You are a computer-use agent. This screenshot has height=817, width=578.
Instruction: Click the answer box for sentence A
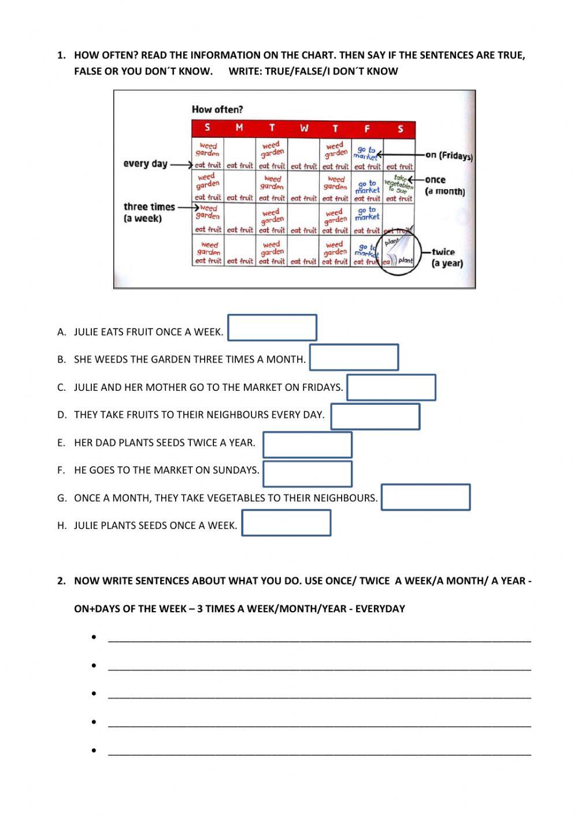(272, 327)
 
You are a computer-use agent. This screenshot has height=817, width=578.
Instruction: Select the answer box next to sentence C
(391, 387)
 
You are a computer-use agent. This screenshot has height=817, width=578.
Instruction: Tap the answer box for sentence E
(307, 445)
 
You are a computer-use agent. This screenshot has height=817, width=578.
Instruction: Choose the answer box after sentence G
(426, 497)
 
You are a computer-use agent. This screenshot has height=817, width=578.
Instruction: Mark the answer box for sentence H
(286, 523)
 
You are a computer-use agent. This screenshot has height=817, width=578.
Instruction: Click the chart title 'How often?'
(217, 109)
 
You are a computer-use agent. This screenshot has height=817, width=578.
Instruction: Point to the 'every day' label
(145, 164)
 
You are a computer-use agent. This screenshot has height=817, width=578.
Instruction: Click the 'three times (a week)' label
(149, 212)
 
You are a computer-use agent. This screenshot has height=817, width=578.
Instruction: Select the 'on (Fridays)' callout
(449, 156)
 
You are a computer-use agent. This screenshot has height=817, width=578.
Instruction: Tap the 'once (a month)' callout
(444, 186)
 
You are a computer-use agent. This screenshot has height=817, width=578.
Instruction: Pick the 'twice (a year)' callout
(447, 257)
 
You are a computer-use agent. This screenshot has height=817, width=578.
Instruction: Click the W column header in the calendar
(304, 128)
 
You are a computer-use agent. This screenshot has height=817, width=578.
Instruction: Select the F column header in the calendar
(367, 128)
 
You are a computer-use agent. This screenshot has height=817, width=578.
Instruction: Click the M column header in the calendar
(239, 128)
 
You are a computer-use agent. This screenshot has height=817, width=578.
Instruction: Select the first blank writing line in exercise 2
(319, 639)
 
